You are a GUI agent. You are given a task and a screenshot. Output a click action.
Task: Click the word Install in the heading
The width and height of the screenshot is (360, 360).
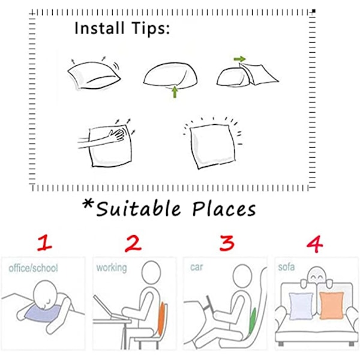click(100, 28)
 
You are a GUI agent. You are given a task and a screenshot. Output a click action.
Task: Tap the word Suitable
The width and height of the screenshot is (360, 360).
click(139, 208)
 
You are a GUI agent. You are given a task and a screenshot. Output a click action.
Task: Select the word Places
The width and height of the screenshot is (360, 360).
click(224, 209)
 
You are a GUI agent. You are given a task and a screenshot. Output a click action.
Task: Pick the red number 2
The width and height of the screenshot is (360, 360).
click(133, 244)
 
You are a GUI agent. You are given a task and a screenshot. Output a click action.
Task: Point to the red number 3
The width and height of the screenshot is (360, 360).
click(227, 243)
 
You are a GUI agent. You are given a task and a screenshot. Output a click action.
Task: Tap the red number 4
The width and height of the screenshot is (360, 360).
click(315, 244)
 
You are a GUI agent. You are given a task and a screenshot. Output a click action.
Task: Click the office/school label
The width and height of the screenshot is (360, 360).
click(33, 268)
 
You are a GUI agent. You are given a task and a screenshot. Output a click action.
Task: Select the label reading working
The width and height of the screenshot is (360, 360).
click(112, 268)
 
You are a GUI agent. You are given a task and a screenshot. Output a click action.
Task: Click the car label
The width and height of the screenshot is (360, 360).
click(197, 267)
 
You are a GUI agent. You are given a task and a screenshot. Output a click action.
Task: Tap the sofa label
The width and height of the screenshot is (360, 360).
click(286, 267)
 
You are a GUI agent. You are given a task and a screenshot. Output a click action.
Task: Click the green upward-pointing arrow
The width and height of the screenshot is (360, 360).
click(175, 92)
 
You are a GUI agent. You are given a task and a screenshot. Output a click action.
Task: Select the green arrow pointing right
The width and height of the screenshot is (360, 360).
click(239, 59)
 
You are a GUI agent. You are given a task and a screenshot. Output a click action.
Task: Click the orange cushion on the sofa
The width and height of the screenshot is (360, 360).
click(332, 305)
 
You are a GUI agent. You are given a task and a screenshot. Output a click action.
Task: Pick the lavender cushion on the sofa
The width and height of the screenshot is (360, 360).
click(301, 306)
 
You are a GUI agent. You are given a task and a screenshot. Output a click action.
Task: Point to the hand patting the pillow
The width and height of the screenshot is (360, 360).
click(118, 134)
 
